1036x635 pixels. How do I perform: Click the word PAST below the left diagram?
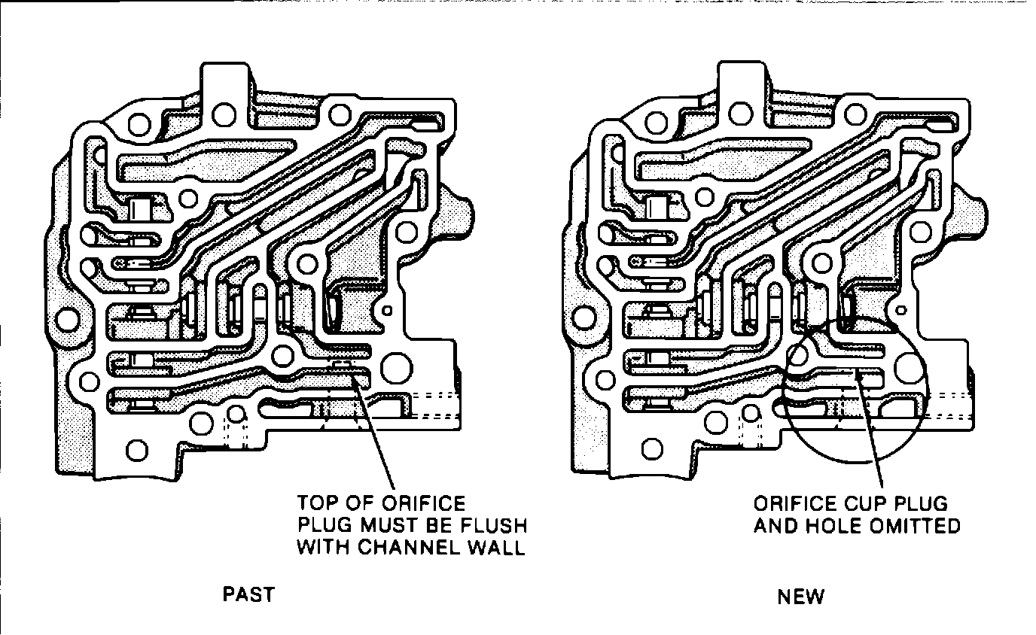coord(248,594)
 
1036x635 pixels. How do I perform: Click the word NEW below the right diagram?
coord(801,597)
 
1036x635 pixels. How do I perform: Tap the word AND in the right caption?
coord(775,525)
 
